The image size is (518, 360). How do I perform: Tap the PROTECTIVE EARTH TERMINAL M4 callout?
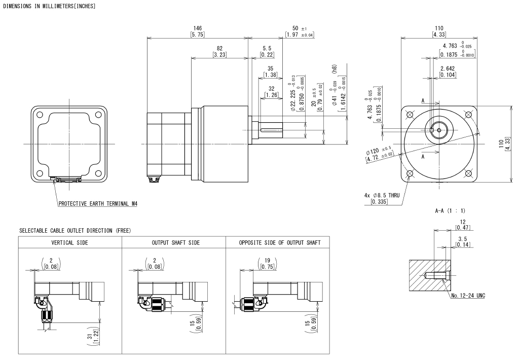(x=98, y=204)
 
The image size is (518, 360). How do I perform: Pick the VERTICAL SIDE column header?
(x=70, y=243)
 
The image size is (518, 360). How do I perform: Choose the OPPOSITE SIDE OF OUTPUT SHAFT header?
(x=280, y=243)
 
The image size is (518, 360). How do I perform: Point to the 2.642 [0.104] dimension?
(x=448, y=71)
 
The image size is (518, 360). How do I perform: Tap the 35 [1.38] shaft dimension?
(x=271, y=71)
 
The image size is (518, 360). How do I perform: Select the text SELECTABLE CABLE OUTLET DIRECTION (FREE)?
(x=75, y=231)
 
